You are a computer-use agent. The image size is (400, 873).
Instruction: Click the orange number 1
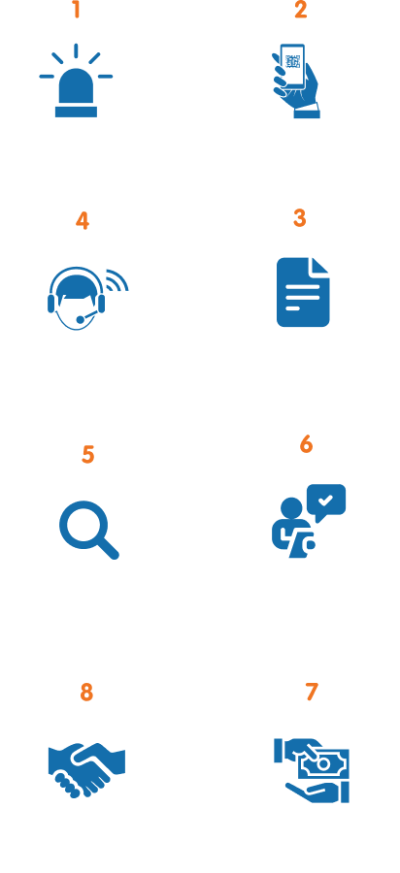coord(77,10)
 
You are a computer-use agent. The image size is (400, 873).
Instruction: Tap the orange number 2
coord(301,10)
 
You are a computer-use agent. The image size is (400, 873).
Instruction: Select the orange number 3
coord(300,218)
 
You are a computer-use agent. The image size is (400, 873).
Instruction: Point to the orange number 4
coord(83,220)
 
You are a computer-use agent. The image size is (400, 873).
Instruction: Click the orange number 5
coord(88,454)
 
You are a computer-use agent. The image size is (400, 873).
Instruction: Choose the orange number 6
coord(306,443)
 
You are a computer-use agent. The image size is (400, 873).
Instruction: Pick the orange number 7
coord(312,692)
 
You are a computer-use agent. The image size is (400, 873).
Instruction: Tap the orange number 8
coord(86,693)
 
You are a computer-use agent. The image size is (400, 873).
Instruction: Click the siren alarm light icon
coord(76,81)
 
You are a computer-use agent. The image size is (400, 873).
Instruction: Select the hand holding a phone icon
coord(296,81)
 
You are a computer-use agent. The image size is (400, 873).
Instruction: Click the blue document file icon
coord(303,292)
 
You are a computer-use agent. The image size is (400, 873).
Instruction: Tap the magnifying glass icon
coord(89,530)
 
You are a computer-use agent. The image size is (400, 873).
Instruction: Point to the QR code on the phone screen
coord(293,62)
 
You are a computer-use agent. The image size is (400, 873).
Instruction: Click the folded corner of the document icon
coord(320,266)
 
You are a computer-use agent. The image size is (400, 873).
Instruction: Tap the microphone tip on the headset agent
coord(81,319)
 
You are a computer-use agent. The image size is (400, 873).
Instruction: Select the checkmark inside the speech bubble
coord(325,500)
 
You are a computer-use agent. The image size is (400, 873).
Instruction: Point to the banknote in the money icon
coord(323,764)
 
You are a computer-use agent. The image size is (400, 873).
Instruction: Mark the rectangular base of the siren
coord(77,112)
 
